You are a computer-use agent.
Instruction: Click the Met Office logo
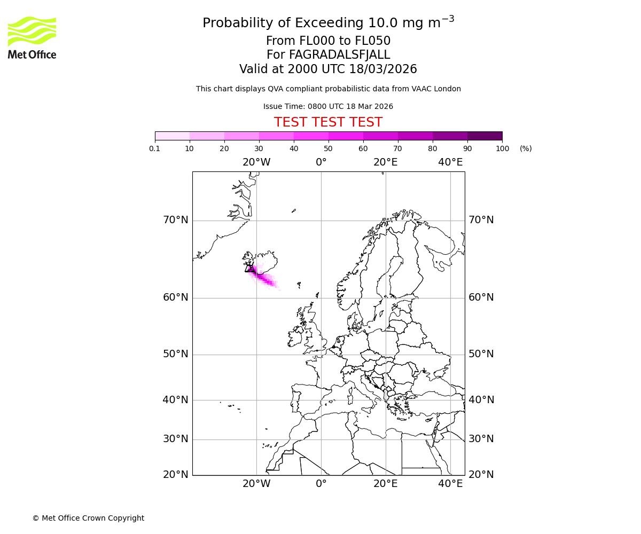(x=32, y=37)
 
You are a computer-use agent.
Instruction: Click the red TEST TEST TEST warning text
(x=328, y=122)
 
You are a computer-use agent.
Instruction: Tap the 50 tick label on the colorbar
(x=329, y=148)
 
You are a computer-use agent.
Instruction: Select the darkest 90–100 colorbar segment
(x=484, y=136)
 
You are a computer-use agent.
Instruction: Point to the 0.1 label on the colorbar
(x=155, y=148)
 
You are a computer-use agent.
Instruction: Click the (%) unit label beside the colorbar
(x=526, y=148)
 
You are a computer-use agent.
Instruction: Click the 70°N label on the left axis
(x=175, y=220)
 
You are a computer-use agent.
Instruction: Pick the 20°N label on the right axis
(x=481, y=475)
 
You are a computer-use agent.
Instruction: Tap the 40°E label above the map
(x=450, y=162)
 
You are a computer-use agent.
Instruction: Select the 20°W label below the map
(x=256, y=484)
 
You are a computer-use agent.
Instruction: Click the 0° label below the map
(x=321, y=484)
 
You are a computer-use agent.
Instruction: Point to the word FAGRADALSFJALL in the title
(x=339, y=55)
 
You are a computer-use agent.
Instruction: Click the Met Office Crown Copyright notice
(x=88, y=518)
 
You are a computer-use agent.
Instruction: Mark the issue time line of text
(x=328, y=106)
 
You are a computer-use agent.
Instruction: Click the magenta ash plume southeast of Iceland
(x=265, y=279)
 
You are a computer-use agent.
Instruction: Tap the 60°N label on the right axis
(x=481, y=297)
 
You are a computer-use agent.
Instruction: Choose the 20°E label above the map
(x=386, y=162)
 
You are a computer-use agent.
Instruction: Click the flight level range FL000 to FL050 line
(x=328, y=41)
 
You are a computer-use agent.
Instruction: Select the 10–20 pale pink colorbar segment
(x=207, y=136)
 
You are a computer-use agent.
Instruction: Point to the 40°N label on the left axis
(x=175, y=400)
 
